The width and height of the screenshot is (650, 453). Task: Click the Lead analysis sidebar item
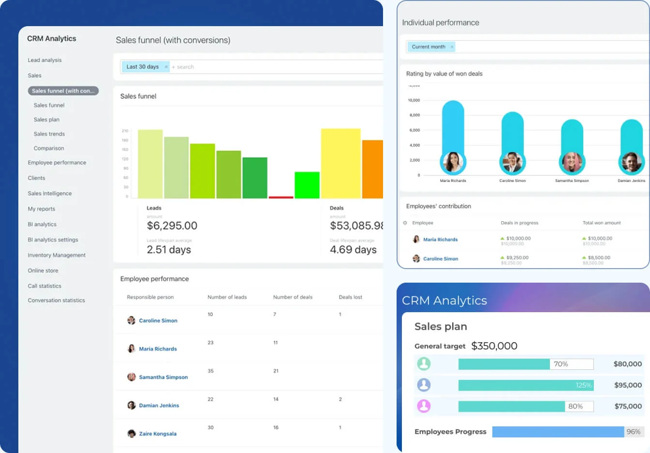[x=44, y=60]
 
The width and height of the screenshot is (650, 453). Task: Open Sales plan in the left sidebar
[x=46, y=120]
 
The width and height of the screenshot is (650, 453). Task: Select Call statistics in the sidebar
[x=44, y=286]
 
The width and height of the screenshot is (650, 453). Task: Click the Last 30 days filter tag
[x=143, y=67]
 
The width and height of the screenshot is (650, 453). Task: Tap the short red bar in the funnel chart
[x=281, y=197]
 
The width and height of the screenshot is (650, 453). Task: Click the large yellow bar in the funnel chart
[x=340, y=163]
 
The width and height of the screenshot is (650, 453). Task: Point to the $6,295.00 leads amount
[x=172, y=226]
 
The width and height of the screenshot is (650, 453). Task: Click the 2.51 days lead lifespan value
[x=169, y=250]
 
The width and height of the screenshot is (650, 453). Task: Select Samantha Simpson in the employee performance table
[x=163, y=377]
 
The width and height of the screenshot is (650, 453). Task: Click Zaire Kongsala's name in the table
[x=158, y=434]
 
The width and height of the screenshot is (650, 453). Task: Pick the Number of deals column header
[x=293, y=297]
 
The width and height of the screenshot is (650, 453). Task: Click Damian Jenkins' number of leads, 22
[x=210, y=399]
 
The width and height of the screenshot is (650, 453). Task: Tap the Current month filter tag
[x=428, y=47]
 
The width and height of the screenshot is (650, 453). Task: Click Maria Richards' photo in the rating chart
[x=453, y=162]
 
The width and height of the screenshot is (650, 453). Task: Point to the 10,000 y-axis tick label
[x=414, y=100]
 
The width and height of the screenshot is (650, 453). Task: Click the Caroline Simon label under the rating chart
[x=512, y=181]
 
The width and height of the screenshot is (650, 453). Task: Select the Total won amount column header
[x=602, y=223]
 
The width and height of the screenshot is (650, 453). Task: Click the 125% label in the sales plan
[x=583, y=385]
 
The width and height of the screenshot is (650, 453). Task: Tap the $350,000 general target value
[x=494, y=346]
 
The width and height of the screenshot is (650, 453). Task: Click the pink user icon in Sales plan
[x=424, y=406]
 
